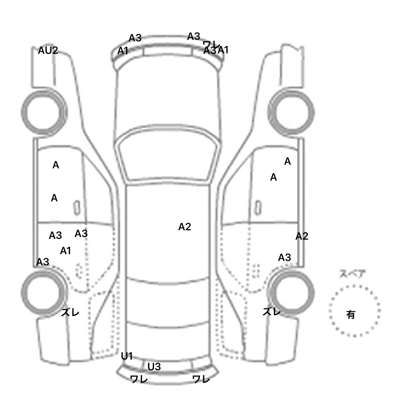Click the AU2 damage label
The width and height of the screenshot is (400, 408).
coord(48,50)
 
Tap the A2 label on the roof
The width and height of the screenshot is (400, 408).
coord(185,227)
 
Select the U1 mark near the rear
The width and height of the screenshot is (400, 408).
coord(127,356)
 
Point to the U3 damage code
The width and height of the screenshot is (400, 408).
coord(154,367)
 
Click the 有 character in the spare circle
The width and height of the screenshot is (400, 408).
coord(351,315)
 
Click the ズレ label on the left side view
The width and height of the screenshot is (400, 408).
coord(70,313)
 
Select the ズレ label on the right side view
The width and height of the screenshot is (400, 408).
coord(272,311)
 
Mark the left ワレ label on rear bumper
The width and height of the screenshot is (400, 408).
coord(139,379)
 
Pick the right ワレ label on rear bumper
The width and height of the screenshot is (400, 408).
coord(201,379)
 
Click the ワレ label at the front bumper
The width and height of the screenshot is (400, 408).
coord(211,44)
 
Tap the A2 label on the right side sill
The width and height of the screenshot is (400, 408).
coord(302,236)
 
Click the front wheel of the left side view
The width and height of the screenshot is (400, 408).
coord(44,112)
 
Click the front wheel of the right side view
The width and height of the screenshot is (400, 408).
coord(291,112)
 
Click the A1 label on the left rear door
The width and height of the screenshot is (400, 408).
coord(65,251)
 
